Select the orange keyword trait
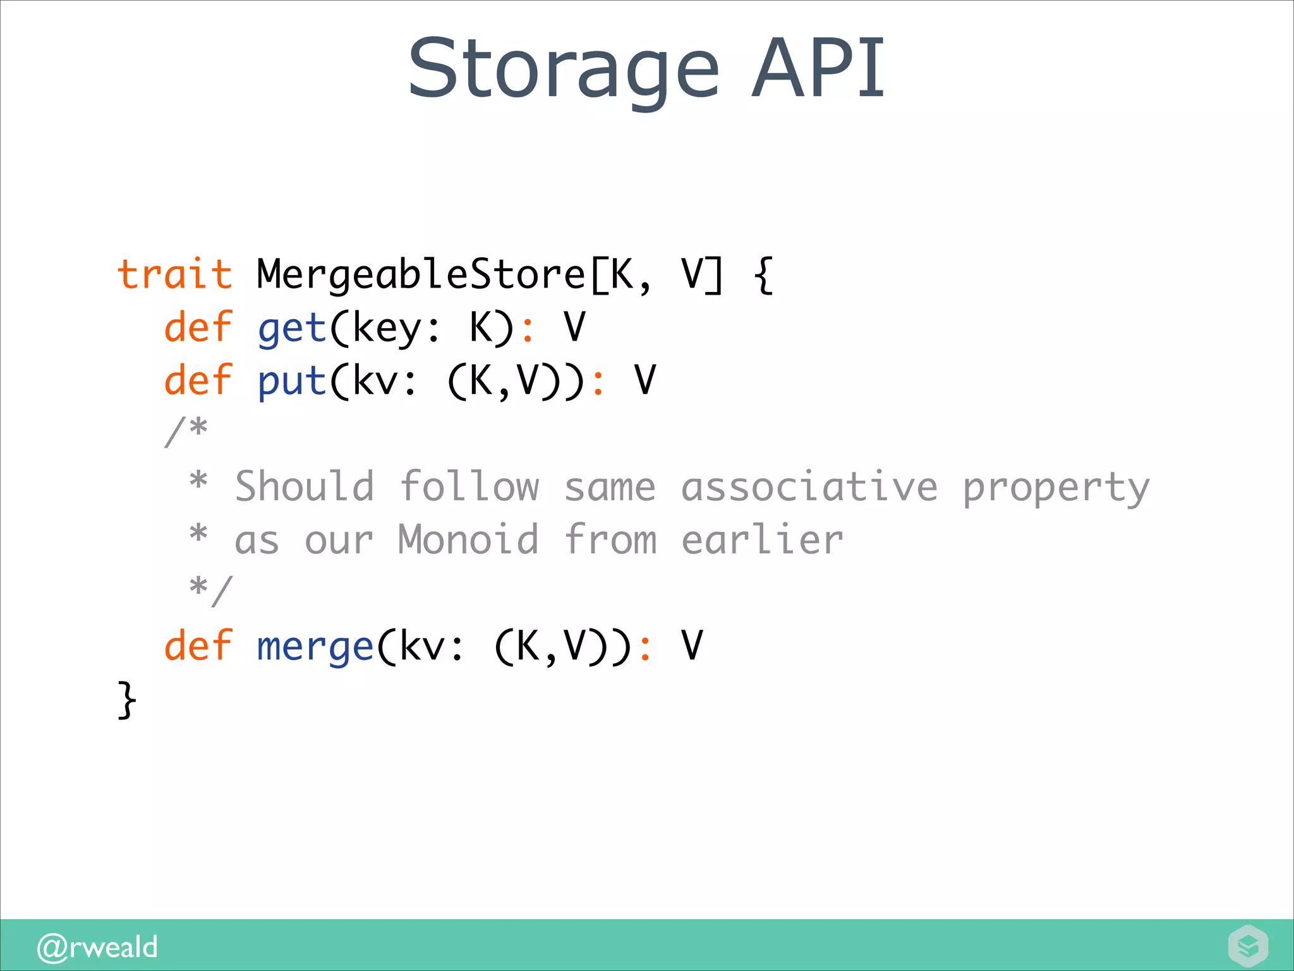[x=174, y=275]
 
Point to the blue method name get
[x=291, y=329]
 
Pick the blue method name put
[x=291, y=382]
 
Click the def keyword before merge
[x=198, y=646]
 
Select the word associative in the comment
[x=809, y=487]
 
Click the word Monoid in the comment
[x=468, y=540]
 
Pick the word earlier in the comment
[x=762, y=540]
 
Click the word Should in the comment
[x=305, y=487]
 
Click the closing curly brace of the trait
[x=126, y=699]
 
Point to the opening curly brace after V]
[x=764, y=275]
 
